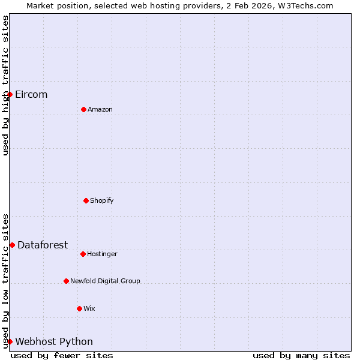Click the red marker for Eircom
coord(10,94)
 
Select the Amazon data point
coord(83,109)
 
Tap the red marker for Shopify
coord(86,200)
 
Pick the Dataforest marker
coord(12,245)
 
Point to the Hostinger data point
coord(83,254)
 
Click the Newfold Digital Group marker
coord(66,281)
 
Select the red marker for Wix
coord(79,308)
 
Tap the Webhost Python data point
coord(10,341)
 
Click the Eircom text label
coord(31,95)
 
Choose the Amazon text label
coord(100,109)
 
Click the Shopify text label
coord(102,200)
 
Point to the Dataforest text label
coord(43,245)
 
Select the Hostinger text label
coord(102,254)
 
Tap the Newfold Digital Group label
coord(105,281)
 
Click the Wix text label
coord(89,308)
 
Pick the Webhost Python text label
coord(54,342)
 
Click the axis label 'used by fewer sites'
coord(62,355)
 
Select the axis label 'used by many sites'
coord(301,355)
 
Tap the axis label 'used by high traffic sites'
coord(6,85)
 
